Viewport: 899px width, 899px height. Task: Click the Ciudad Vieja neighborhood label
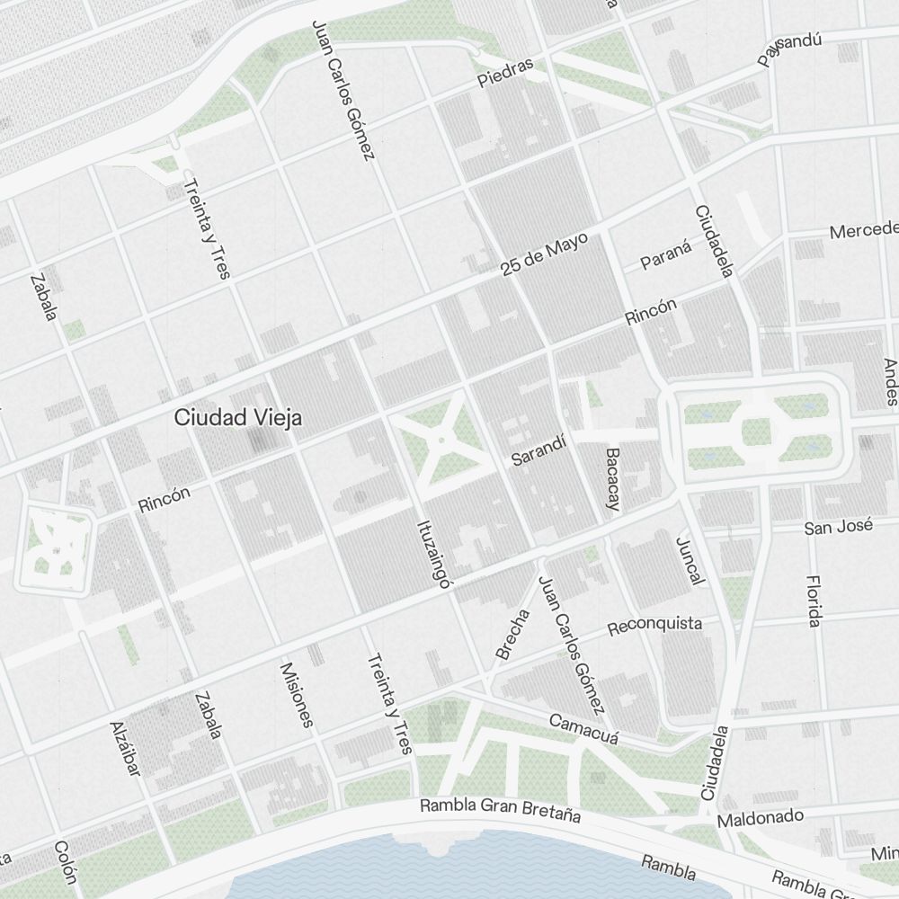coord(238,417)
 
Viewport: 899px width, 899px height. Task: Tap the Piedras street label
coord(505,73)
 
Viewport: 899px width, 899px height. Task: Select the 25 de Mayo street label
coord(545,254)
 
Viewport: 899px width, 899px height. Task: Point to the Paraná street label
coord(666,255)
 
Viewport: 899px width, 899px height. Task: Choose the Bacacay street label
coord(614,479)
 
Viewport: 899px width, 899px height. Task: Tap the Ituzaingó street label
coord(432,553)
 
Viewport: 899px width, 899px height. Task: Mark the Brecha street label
coord(513,635)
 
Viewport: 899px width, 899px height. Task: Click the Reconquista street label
coord(654,625)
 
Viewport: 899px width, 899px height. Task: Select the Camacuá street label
coord(584,728)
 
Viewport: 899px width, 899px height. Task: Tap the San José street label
coord(838,526)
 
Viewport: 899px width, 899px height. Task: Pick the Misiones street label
coord(298,695)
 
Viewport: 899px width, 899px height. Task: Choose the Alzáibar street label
coord(126,748)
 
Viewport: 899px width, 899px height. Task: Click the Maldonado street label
coord(760,818)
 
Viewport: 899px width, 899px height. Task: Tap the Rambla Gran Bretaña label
coord(500,810)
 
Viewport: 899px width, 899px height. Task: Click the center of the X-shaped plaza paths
coord(441,441)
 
